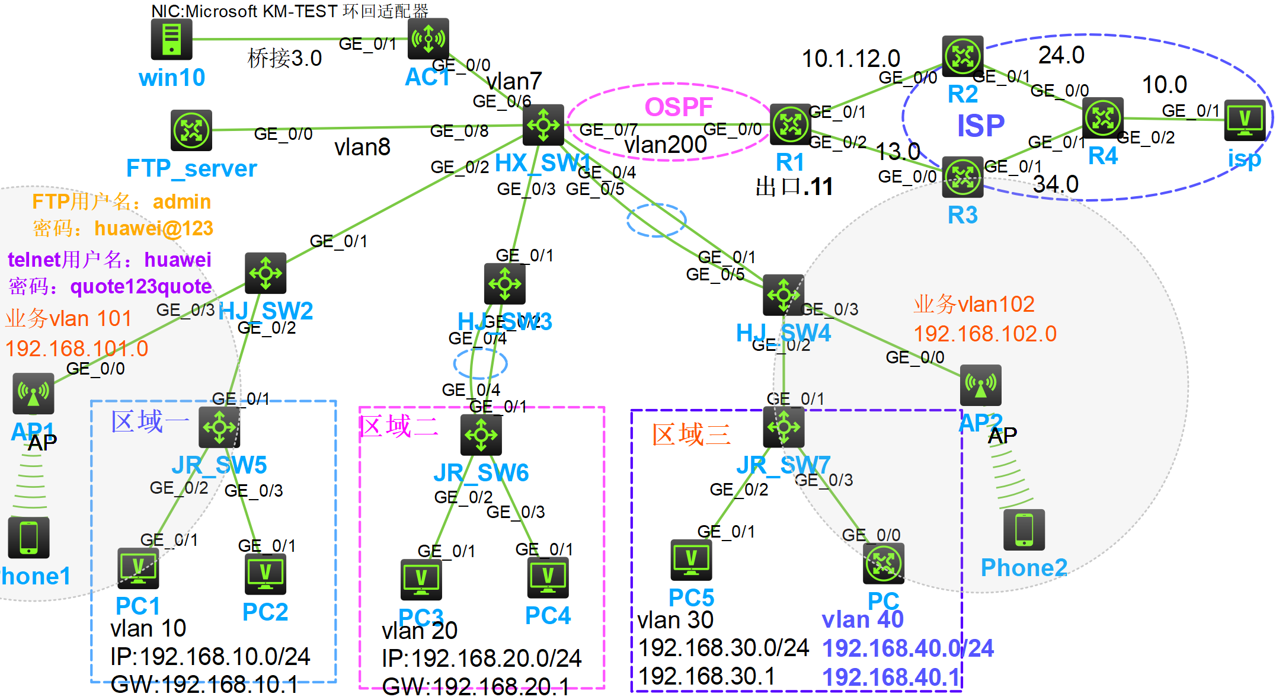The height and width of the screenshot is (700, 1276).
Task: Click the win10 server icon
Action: point(171,39)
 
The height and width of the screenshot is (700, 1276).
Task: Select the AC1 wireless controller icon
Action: point(428,39)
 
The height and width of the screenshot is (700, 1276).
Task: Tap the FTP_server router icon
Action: point(191,130)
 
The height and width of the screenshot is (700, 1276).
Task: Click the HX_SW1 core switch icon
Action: point(543,124)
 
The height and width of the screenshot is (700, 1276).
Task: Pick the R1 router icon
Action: point(790,124)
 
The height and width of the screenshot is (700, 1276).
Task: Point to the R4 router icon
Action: point(1102,117)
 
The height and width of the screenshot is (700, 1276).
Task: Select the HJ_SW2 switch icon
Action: point(266,273)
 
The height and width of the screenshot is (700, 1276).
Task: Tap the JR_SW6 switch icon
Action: point(481,434)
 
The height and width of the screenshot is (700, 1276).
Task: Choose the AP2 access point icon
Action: point(981,385)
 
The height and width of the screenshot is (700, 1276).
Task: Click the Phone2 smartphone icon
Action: point(1024,529)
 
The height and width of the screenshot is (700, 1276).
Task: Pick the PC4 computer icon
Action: point(548,577)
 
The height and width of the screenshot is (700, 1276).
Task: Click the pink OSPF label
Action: point(678,107)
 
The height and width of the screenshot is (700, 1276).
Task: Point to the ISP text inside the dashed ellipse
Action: point(981,126)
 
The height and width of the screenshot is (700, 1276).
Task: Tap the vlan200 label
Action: point(666,144)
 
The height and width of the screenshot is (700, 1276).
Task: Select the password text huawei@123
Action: point(153,228)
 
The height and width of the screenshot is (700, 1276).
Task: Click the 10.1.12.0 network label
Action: point(850,59)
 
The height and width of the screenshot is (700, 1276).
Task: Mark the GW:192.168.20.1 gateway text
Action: point(475,686)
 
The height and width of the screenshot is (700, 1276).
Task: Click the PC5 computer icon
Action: point(691,560)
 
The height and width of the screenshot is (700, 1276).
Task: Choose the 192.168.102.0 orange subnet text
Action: point(985,334)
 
